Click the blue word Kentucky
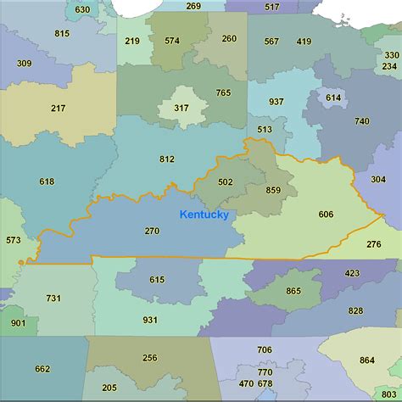tap(204, 215)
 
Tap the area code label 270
tap(152, 231)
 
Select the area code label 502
tap(225, 181)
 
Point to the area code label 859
tap(273, 190)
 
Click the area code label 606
tap(326, 214)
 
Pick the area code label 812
tap(167, 159)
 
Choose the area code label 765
tap(223, 92)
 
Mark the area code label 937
tap(276, 101)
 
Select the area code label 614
tap(333, 98)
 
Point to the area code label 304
tap(378, 179)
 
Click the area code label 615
tap(157, 279)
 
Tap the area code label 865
tap(293, 291)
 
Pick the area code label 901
tap(18, 323)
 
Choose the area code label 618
tap(47, 181)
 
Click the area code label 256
tap(150, 357)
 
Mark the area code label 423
tap(353, 273)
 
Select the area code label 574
tap(172, 40)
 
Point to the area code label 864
tap(366, 360)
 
